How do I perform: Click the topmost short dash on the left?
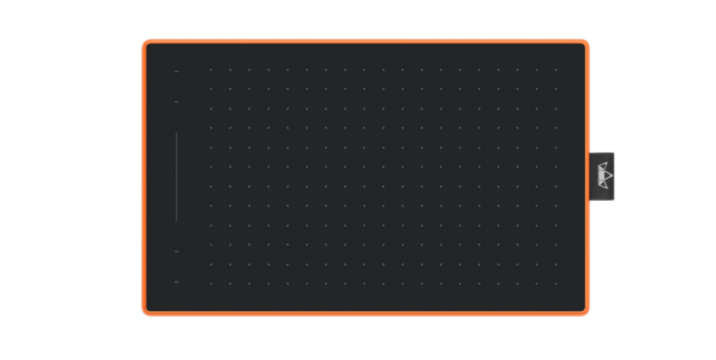pyautogui.click(x=176, y=71)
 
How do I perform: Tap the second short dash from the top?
pyautogui.click(x=176, y=102)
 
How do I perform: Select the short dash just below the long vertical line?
pyautogui.click(x=176, y=251)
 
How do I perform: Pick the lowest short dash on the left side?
pyautogui.click(x=176, y=282)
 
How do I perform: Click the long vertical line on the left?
pyautogui.click(x=176, y=176)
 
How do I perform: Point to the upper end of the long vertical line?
pyautogui.click(x=176, y=133)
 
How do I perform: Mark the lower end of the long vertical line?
pyautogui.click(x=176, y=220)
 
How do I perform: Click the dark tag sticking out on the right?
pyautogui.click(x=602, y=176)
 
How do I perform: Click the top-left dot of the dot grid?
pyautogui.click(x=211, y=70)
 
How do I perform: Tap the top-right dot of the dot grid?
pyautogui.click(x=556, y=70)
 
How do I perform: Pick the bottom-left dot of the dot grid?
pyautogui.click(x=211, y=283)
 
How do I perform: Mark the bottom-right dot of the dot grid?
pyautogui.click(x=556, y=283)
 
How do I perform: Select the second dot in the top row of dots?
pyautogui.click(x=230, y=70)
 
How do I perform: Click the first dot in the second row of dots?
pyautogui.click(x=211, y=89)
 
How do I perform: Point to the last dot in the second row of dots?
pyautogui.click(x=556, y=89)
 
